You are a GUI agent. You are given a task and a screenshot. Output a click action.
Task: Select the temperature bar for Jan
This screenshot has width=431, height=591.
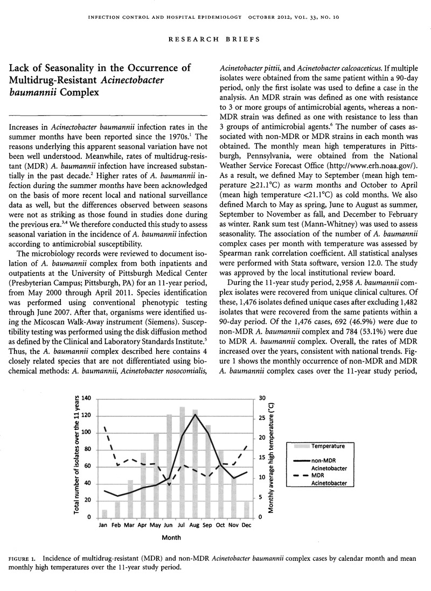[105, 513]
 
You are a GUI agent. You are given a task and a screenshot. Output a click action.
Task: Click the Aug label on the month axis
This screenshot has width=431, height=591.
[195, 524]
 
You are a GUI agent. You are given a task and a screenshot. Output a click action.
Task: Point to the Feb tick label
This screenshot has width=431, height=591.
[117, 524]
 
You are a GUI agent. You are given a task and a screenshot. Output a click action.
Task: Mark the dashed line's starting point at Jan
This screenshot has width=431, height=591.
[105, 428]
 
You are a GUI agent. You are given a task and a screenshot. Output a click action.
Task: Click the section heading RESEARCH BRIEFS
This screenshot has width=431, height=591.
[215, 39]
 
